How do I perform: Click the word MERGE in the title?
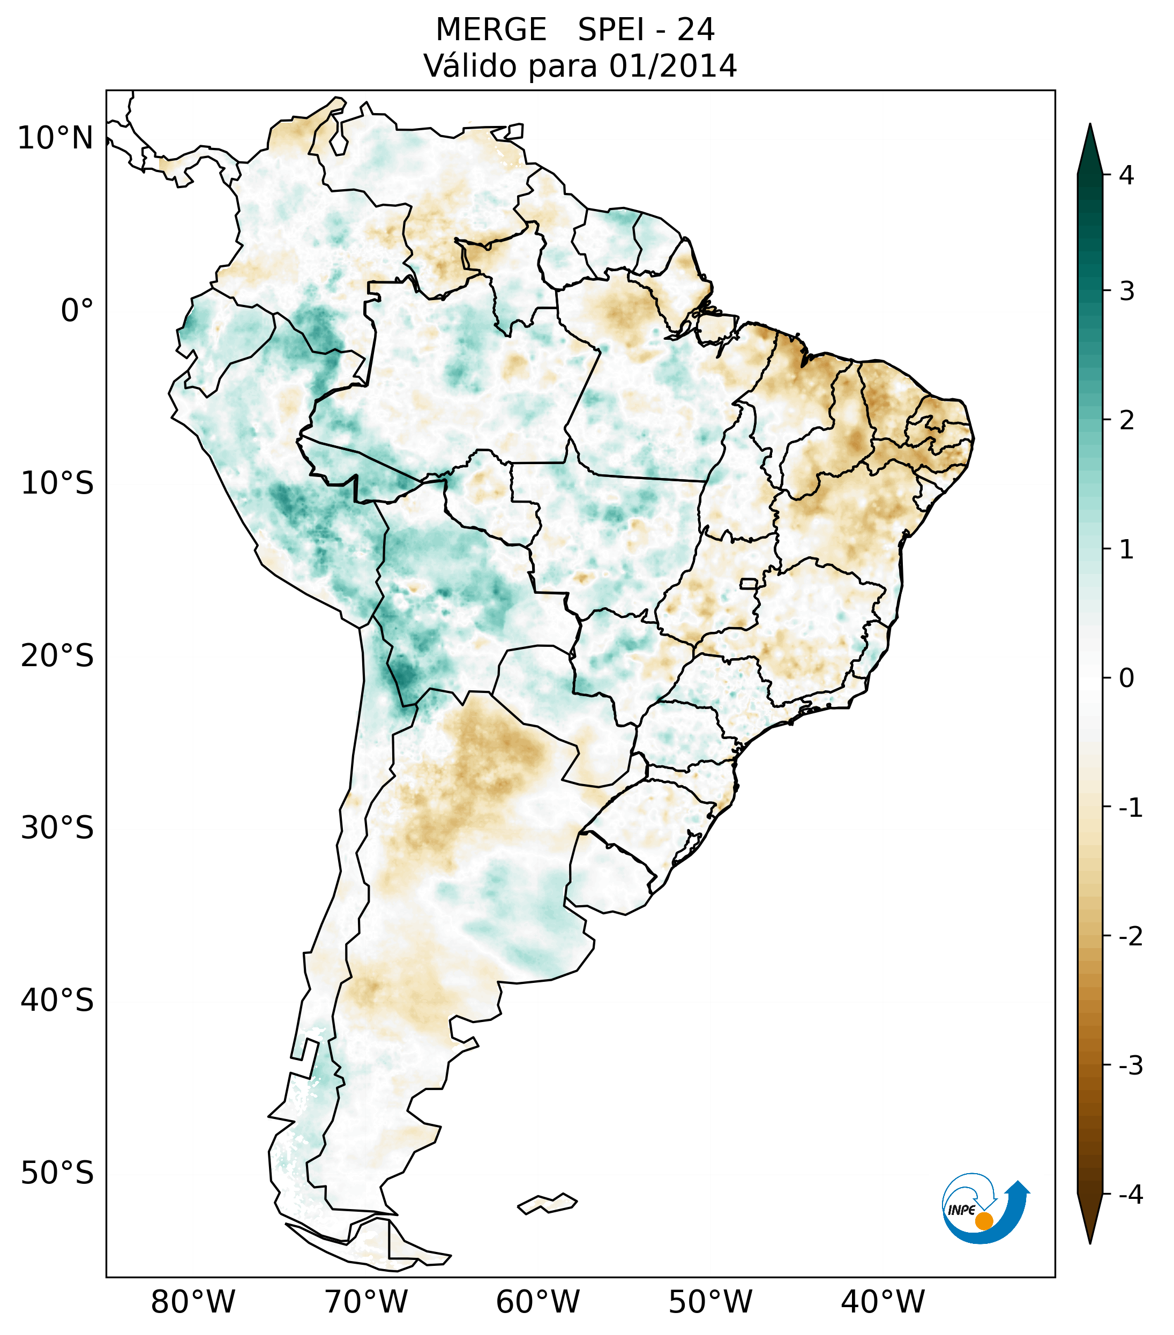(490, 30)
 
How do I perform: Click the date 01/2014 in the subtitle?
(672, 66)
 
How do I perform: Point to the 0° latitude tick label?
(77, 311)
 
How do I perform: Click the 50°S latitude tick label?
(57, 1173)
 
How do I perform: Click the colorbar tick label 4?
(1126, 175)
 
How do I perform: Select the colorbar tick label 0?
(1126, 678)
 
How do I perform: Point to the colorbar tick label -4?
(1130, 1195)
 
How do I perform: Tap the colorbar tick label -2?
(1130, 937)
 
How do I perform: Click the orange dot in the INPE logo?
(983, 1221)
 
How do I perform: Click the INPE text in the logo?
(961, 1210)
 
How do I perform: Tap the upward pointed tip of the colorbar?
(1089, 128)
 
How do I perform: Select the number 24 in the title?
(696, 30)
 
